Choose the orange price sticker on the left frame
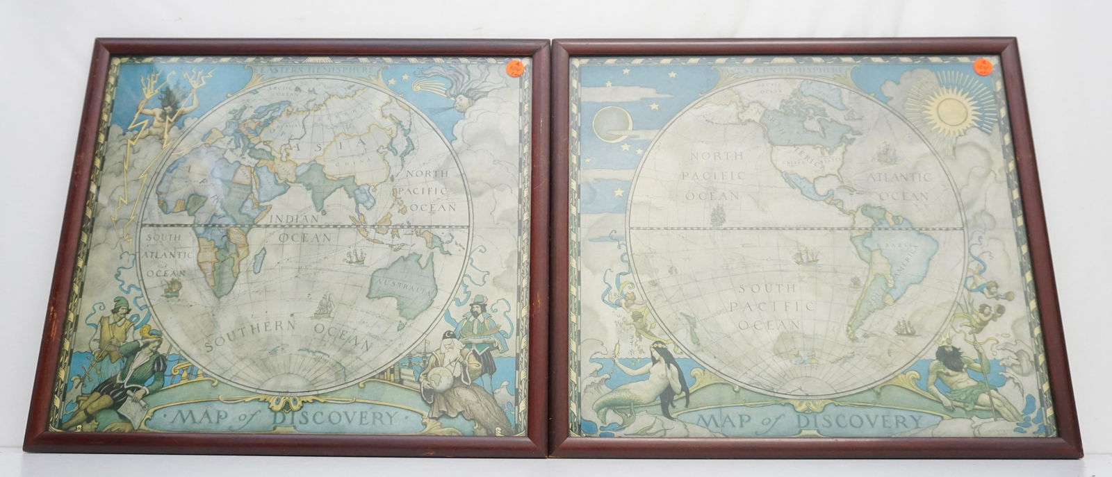(516, 67)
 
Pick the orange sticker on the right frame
(983, 67)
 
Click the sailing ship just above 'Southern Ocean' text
(324, 303)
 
